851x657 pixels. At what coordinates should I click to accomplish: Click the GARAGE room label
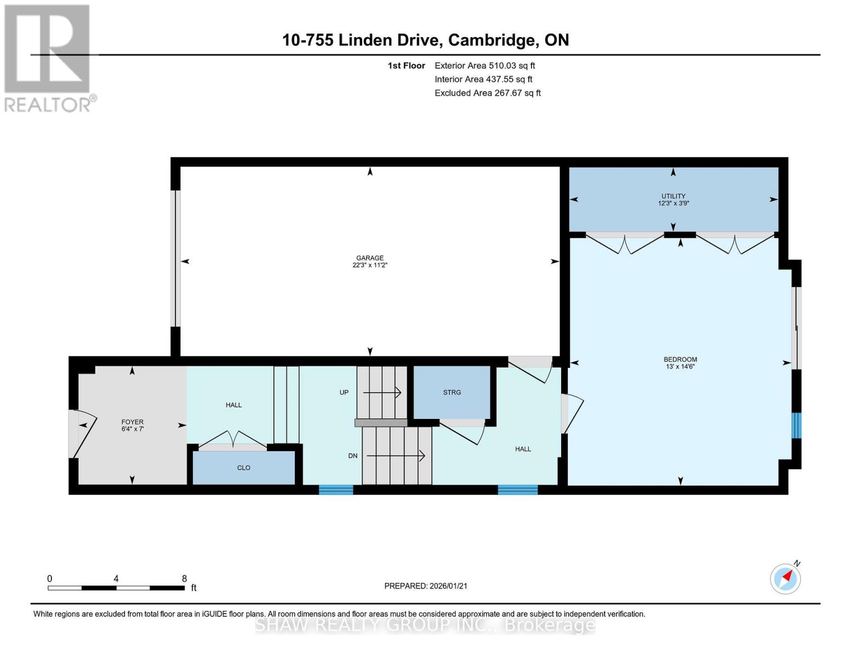click(x=370, y=258)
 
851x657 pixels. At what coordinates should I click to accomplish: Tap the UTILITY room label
click(x=673, y=196)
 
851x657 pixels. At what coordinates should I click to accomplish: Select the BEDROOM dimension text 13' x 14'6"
click(x=680, y=367)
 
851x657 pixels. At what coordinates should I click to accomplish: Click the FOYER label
click(x=132, y=422)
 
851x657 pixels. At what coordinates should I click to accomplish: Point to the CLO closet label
click(x=244, y=468)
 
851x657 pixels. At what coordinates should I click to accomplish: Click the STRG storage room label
click(x=452, y=393)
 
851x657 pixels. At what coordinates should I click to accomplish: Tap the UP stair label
click(x=344, y=393)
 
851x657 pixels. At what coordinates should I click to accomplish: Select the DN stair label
click(x=353, y=456)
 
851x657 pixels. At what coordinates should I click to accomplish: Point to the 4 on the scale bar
click(x=116, y=579)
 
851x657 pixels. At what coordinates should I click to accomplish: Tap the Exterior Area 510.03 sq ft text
click(x=484, y=66)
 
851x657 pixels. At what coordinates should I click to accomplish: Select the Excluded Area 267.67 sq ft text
click(x=487, y=93)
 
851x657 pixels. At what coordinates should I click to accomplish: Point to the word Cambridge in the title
click(x=492, y=40)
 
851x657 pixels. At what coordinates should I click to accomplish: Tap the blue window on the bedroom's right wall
click(x=797, y=425)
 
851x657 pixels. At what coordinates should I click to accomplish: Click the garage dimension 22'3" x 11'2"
click(x=370, y=265)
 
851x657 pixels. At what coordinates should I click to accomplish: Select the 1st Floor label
click(x=406, y=66)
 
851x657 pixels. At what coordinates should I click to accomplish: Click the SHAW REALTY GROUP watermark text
click(x=425, y=625)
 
